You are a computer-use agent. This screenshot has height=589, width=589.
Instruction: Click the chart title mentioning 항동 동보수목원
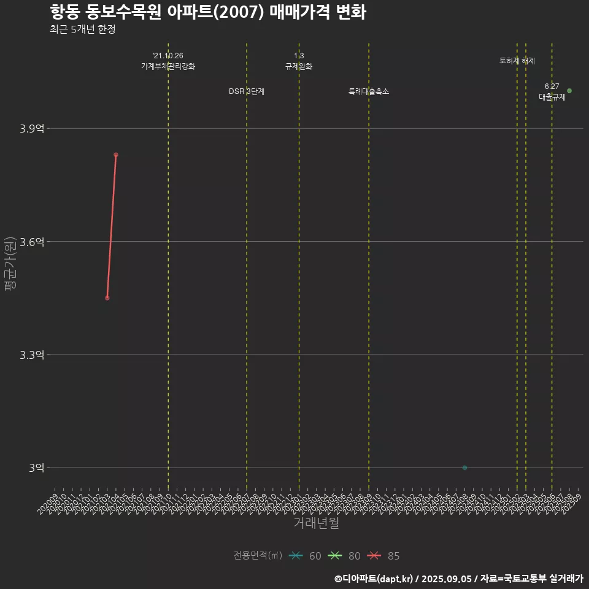click(207, 12)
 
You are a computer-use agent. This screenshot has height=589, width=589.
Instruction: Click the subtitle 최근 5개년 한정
click(82, 29)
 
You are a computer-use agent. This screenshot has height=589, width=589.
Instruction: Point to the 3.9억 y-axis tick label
click(32, 129)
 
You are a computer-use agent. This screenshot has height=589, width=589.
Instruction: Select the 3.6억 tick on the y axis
click(32, 242)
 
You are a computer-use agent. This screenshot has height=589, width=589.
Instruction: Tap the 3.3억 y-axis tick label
click(32, 355)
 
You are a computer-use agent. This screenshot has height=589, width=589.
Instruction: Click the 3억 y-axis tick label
click(36, 468)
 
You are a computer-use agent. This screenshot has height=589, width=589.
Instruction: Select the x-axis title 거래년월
click(316, 523)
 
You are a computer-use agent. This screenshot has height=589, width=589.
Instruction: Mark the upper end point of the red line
click(115, 155)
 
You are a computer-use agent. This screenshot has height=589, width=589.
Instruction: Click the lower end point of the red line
click(107, 298)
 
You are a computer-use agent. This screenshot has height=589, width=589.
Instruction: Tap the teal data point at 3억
click(464, 468)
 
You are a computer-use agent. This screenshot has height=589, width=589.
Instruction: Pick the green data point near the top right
click(569, 91)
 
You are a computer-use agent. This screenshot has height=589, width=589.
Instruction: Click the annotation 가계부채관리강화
click(168, 66)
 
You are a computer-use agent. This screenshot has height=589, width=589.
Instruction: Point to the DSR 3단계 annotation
click(247, 91)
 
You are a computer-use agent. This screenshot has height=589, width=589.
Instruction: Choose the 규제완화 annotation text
click(299, 66)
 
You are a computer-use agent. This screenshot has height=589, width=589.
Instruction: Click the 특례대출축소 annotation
click(369, 91)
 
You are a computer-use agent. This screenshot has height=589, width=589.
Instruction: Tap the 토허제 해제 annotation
click(517, 61)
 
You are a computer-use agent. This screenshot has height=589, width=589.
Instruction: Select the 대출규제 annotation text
click(552, 97)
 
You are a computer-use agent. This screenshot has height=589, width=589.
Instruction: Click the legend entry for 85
click(383, 556)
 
